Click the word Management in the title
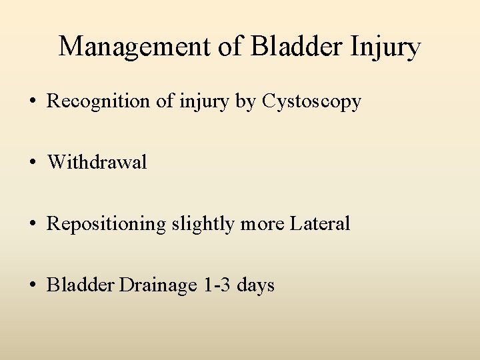132,47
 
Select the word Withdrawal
97,163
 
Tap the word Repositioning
107,225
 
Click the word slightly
203,225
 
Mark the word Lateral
320,224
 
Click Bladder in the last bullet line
81,285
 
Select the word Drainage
159,285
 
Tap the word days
256,285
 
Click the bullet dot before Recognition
32,102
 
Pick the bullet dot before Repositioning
32,225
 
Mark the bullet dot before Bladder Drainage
32,286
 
